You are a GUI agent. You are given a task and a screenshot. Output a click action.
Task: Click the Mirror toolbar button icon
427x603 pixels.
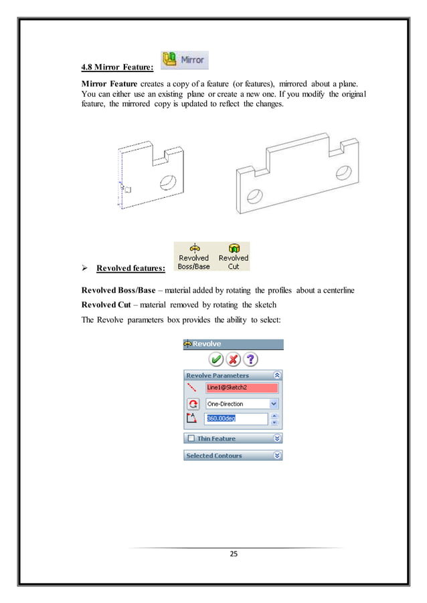click(x=184, y=60)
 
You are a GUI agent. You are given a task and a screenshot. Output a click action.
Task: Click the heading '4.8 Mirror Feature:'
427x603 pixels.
click(x=116, y=66)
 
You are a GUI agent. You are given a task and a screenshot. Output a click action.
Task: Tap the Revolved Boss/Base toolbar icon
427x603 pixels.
click(x=193, y=256)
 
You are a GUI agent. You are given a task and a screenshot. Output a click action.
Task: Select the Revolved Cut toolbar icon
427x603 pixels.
click(x=233, y=256)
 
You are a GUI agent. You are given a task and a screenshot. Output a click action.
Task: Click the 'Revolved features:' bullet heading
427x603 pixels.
click(x=131, y=269)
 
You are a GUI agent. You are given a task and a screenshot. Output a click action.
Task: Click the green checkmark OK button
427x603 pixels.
click(x=216, y=360)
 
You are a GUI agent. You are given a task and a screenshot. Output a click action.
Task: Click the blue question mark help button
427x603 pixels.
click(x=250, y=360)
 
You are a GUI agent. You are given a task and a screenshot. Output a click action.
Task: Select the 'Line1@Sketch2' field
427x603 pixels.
click(x=241, y=388)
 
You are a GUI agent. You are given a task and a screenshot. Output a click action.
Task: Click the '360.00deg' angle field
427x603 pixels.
click(x=236, y=419)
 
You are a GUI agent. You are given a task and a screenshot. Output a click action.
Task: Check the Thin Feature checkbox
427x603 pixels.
click(x=191, y=439)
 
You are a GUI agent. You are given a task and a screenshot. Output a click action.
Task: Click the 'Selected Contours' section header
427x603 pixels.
click(x=233, y=455)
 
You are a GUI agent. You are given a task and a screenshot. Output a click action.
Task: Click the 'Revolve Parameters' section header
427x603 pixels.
click(x=233, y=376)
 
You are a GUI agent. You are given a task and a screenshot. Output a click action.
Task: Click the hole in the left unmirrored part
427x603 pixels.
click(x=167, y=182)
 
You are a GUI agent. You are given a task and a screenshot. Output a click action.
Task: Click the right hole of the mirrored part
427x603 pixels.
click(x=343, y=172)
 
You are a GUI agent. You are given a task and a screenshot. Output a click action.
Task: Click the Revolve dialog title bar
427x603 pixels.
click(x=233, y=344)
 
